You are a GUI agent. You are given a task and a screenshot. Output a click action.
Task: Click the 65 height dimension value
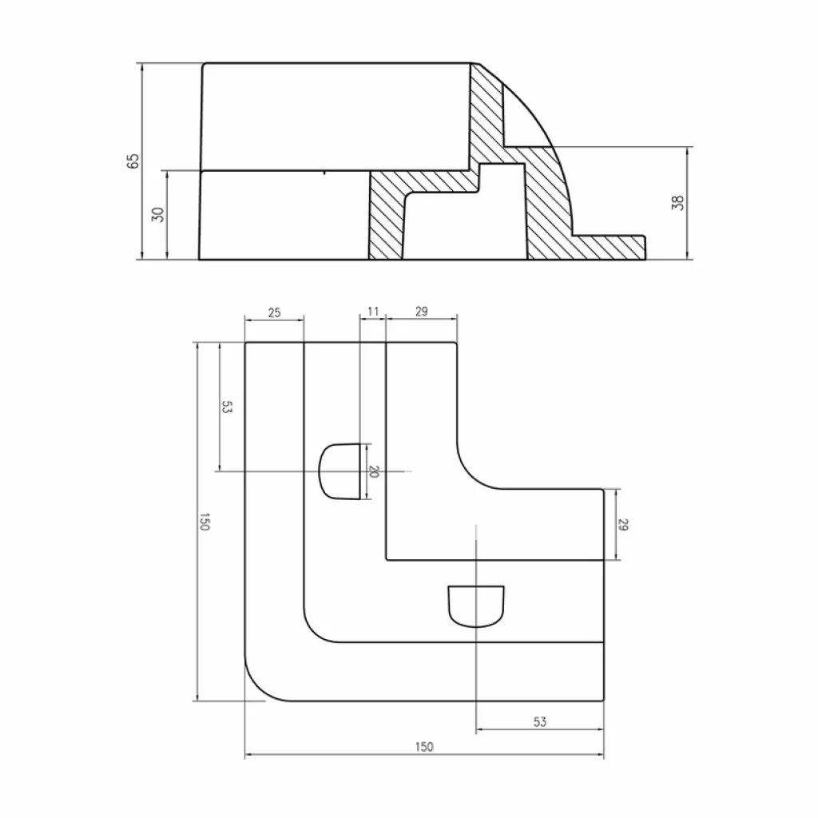click(x=134, y=161)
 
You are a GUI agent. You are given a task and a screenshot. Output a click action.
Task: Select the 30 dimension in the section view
click(x=158, y=214)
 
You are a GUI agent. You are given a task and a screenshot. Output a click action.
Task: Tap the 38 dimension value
click(x=678, y=203)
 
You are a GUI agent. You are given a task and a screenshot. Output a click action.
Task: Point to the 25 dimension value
click(x=274, y=312)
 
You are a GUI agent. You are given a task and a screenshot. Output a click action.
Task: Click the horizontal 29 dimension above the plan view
click(x=422, y=312)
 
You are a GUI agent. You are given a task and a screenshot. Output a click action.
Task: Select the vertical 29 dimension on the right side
click(x=624, y=525)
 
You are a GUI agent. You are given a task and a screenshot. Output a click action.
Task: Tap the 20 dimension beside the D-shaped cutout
click(x=372, y=472)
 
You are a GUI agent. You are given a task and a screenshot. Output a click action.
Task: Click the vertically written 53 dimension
click(x=227, y=407)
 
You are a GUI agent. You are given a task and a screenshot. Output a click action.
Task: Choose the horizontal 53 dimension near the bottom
click(x=539, y=721)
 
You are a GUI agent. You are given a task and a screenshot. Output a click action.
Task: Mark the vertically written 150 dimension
click(x=204, y=523)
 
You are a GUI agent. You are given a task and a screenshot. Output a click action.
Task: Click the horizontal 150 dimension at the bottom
click(x=424, y=747)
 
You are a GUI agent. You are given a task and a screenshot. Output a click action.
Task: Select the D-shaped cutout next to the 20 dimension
click(x=340, y=471)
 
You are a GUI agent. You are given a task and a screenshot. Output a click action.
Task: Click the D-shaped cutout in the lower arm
click(x=476, y=606)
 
